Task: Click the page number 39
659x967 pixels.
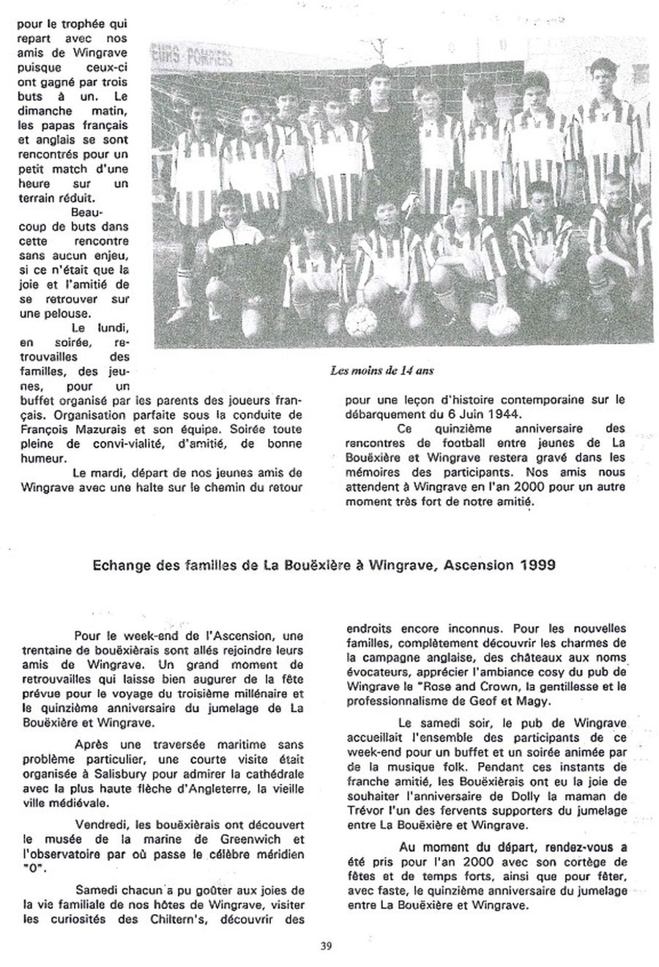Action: click(325, 944)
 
